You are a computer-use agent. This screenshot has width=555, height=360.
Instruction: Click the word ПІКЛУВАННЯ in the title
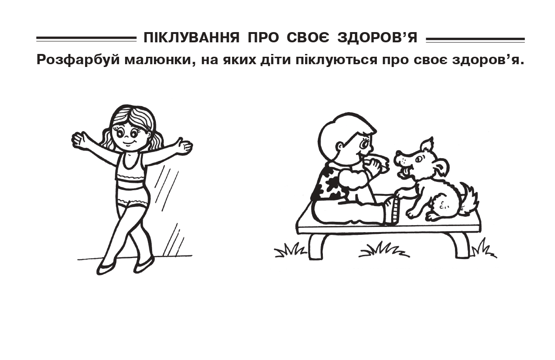(x=192, y=37)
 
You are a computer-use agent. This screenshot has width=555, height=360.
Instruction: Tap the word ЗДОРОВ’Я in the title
(x=377, y=37)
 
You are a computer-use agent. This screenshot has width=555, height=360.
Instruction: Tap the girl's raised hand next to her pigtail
(x=80, y=140)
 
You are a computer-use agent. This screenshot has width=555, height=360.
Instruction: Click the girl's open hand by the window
(x=184, y=146)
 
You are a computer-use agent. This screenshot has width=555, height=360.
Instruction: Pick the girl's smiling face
(x=129, y=135)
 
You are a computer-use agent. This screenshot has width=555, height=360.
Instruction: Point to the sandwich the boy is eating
(x=378, y=164)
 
